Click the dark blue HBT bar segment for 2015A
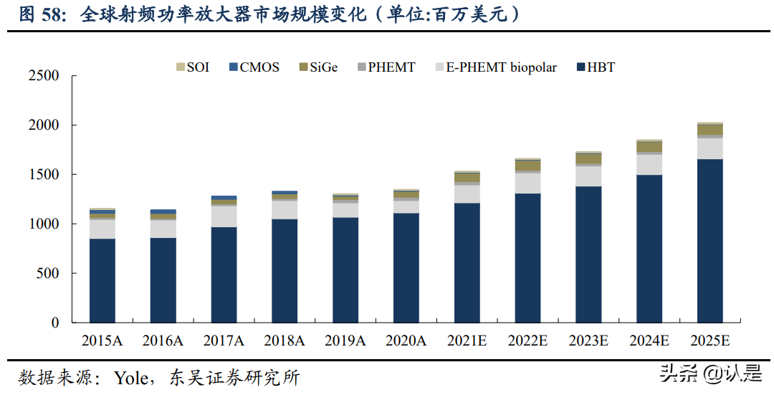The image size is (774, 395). tap(102, 280)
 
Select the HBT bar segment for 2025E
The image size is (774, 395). tap(709, 241)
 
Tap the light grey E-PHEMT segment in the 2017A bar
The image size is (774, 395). tap(224, 216)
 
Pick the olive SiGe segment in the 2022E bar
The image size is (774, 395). tap(527, 166)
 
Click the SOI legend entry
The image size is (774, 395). tap(193, 67)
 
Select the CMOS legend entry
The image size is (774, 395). tap(253, 67)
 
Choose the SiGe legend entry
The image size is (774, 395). tap(318, 67)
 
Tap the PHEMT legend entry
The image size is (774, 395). tap(386, 67)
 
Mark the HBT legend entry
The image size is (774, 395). tap(596, 67)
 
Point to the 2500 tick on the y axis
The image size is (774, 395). tap(44, 76)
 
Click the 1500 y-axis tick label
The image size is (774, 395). tap(44, 175)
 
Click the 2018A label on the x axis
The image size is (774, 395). tap(285, 341)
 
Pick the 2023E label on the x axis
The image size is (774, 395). tap(588, 341)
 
